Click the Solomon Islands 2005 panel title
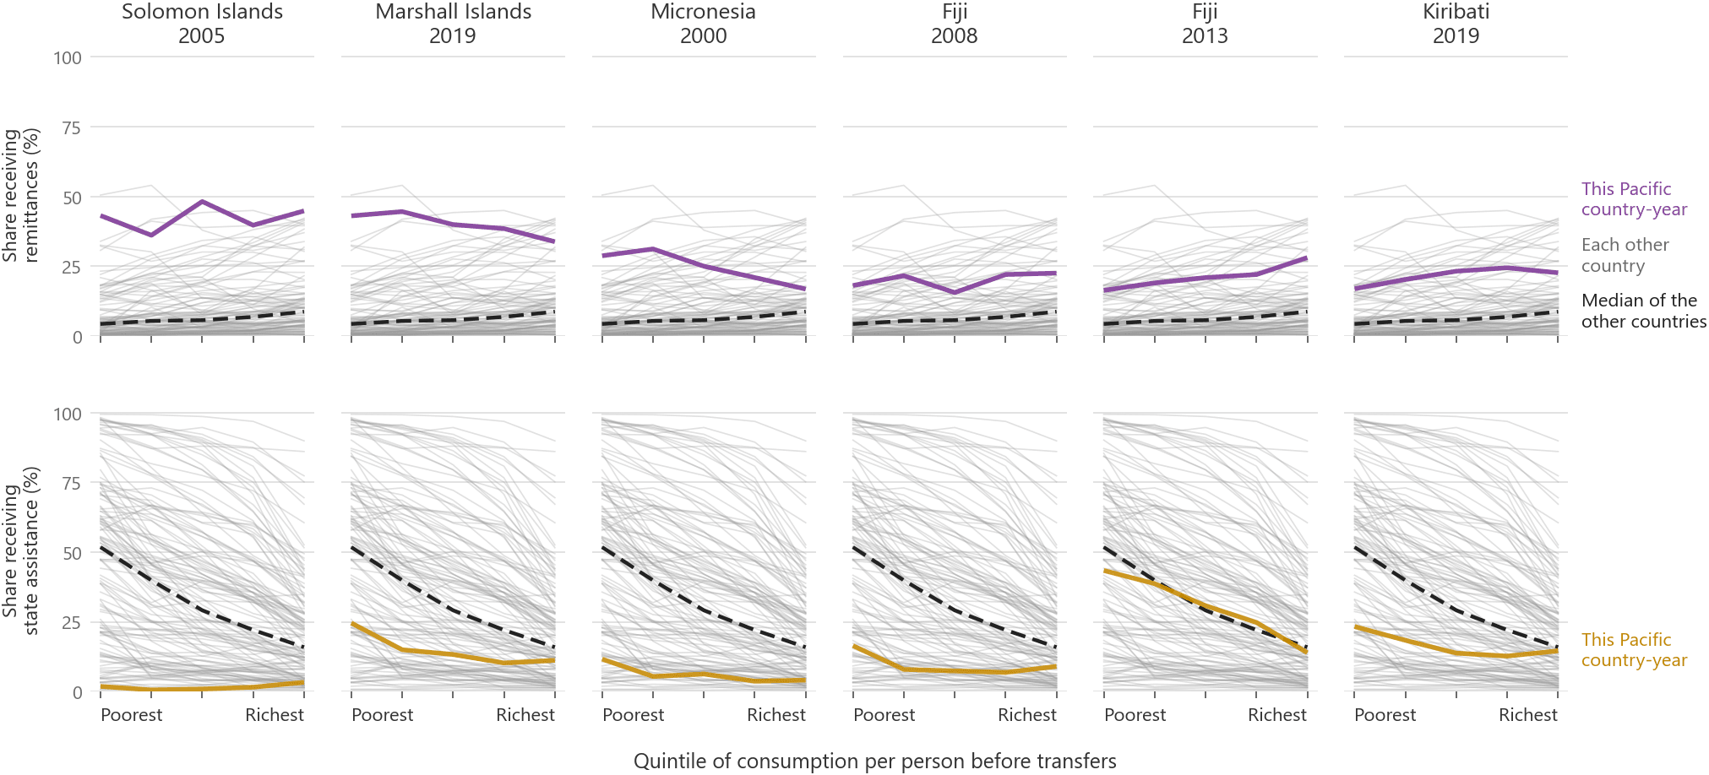(x=202, y=24)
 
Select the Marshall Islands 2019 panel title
(x=453, y=24)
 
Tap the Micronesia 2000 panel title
(x=703, y=24)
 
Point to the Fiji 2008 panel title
(x=955, y=24)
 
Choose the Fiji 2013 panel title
(x=1205, y=24)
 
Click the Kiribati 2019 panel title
(x=1456, y=24)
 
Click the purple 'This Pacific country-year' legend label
(x=1634, y=199)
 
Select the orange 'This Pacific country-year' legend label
(x=1634, y=650)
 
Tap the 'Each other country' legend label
(x=1625, y=255)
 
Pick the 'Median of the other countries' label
(x=1643, y=311)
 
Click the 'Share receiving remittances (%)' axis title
(x=20, y=196)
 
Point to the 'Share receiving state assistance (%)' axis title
(x=20, y=551)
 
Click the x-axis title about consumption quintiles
(x=874, y=761)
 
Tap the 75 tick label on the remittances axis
(x=72, y=127)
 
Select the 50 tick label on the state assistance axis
(x=72, y=553)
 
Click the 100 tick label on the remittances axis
(x=68, y=57)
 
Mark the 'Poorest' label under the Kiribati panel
(x=1385, y=715)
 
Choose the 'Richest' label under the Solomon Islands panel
(x=275, y=715)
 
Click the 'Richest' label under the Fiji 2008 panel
(x=1027, y=715)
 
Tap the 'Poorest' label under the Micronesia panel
(x=633, y=715)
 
